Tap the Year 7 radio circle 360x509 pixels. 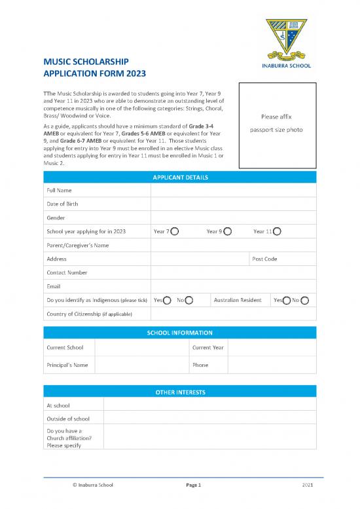pyautogui.click(x=175, y=231)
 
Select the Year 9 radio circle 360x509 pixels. pyautogui.click(x=228, y=231)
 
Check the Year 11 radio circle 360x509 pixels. pyautogui.click(x=278, y=231)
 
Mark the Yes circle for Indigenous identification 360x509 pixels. pyautogui.click(x=168, y=300)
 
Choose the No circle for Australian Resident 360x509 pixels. pyautogui.click(x=304, y=300)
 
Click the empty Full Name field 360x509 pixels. pyautogui.click(x=232, y=190)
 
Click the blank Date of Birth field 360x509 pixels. pyautogui.click(x=232, y=204)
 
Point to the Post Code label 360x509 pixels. pyautogui.click(x=264, y=259)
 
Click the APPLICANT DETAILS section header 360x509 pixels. pyautogui.click(x=180, y=177)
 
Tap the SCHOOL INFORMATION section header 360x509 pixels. pyautogui.click(x=180, y=333)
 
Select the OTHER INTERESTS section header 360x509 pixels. pyautogui.click(x=180, y=392)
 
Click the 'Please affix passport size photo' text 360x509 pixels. pyautogui.click(x=276, y=123)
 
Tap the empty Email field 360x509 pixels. pyautogui.click(x=232, y=286)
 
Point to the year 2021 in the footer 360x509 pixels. pyautogui.click(x=308, y=485)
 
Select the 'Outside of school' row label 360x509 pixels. pyautogui.click(x=68, y=419)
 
